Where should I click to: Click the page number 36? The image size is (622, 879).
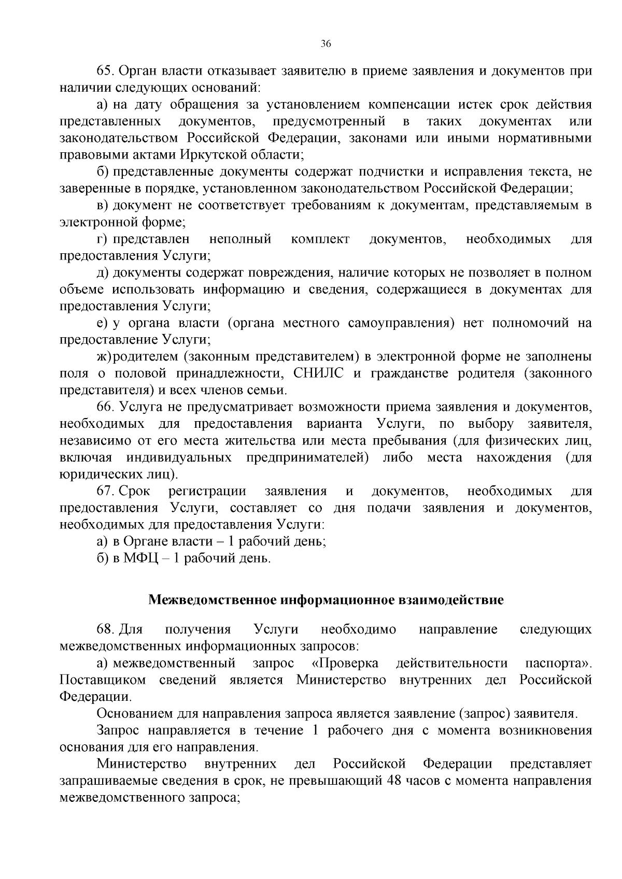pyautogui.click(x=326, y=44)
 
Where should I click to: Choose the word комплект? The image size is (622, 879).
pyautogui.click(x=320, y=239)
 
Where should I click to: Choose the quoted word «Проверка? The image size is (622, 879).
pyautogui.click(x=345, y=664)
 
